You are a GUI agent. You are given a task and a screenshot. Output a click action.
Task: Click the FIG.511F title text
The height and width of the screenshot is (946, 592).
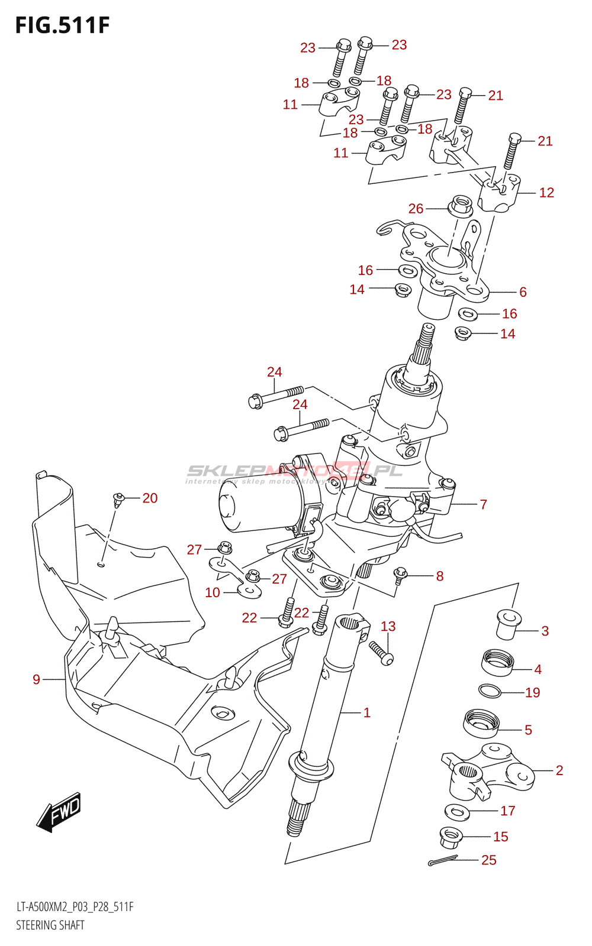62,25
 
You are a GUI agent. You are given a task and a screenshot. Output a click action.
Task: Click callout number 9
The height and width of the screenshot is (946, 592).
37,679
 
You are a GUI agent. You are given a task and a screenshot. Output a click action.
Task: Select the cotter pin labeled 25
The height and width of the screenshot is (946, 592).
442,860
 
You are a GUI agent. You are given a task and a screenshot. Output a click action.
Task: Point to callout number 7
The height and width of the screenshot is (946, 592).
483,504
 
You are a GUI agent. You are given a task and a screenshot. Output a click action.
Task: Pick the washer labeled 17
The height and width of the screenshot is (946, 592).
456,812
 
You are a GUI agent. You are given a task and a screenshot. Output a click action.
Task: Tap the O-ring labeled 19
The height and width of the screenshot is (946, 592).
489,691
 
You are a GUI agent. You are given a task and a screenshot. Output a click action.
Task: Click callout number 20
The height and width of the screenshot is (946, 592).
150,498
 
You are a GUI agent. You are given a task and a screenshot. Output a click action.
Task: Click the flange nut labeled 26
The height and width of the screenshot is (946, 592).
460,206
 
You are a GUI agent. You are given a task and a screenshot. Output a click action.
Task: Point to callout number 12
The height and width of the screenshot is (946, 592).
546,193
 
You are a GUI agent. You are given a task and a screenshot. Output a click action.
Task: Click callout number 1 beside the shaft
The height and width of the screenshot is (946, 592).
366,712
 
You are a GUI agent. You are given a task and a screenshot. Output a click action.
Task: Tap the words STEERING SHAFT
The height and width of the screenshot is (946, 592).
50,925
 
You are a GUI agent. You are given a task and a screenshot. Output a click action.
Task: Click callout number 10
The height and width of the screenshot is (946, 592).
213,592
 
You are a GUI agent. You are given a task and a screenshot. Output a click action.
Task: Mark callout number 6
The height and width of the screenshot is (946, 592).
523,292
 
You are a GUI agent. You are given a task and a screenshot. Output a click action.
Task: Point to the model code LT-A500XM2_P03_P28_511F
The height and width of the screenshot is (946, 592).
75,907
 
